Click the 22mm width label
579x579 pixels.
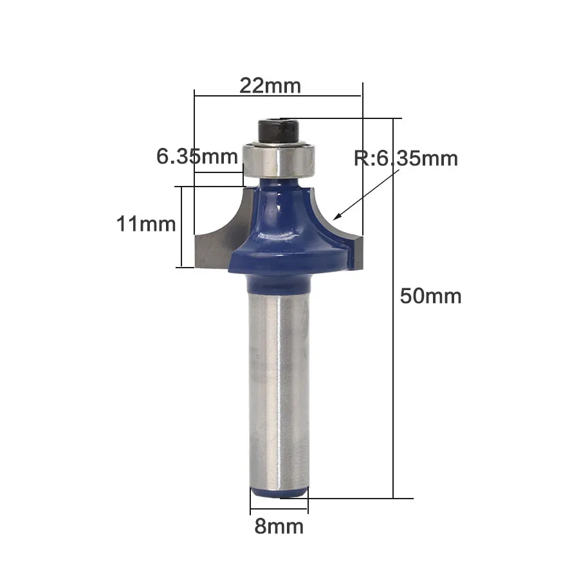[270, 86]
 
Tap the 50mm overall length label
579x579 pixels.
[430, 296]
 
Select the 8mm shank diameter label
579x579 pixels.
[279, 526]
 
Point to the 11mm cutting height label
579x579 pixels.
[146, 224]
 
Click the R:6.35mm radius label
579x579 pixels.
[406, 158]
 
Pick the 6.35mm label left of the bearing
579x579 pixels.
[197, 156]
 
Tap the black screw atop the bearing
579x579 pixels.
[279, 131]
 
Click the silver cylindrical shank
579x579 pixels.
[279, 388]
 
